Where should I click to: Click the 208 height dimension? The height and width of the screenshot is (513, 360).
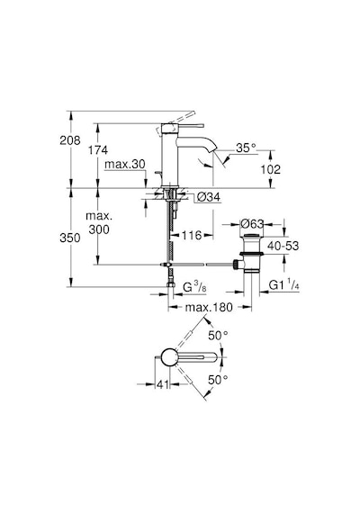pos(69,140)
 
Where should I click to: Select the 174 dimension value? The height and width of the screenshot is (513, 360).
pos(98,150)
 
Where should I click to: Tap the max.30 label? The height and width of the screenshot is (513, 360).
pos(125,164)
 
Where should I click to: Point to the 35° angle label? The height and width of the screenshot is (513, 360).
pos(246,148)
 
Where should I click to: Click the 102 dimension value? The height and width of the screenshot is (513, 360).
pos(271,169)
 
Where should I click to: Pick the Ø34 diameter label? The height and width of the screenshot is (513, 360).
pos(210,197)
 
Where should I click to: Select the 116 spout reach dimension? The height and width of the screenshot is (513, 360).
pos(192,235)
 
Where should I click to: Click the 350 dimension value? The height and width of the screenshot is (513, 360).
pos(69,238)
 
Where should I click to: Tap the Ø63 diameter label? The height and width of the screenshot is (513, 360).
pos(252,224)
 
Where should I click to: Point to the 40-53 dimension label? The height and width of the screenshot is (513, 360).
pos(283,246)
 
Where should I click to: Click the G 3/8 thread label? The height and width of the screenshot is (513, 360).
pos(194,287)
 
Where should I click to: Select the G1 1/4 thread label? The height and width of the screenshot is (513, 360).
pos(283,285)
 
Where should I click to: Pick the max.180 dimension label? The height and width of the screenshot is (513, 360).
pos(209,307)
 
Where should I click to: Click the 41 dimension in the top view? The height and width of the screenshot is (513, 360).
pos(163,384)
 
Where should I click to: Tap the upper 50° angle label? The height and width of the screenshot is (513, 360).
pos(218,336)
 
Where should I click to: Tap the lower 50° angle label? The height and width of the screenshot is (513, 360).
pos(218,380)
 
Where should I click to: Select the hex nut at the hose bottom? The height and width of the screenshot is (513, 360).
pos(170,284)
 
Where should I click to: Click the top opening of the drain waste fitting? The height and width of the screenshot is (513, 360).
pos(252,235)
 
